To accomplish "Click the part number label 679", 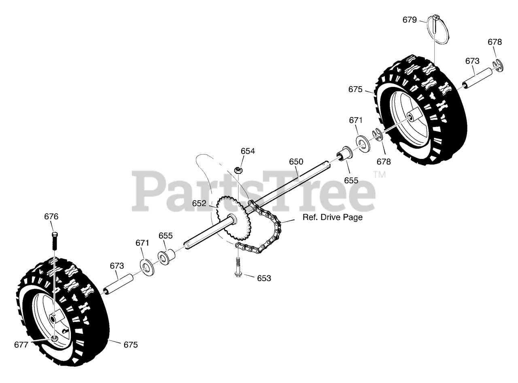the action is click(x=410, y=20).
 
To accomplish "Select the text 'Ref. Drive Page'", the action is click(x=333, y=218).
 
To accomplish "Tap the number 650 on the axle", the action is click(x=296, y=162).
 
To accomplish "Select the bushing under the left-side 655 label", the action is click(x=166, y=256).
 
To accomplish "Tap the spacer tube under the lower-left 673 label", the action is click(x=120, y=284).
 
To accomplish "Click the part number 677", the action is click(x=21, y=345).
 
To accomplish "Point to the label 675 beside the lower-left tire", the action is click(x=130, y=345).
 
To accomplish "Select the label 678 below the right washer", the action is click(x=384, y=162).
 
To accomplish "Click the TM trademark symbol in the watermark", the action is click(x=379, y=175).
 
